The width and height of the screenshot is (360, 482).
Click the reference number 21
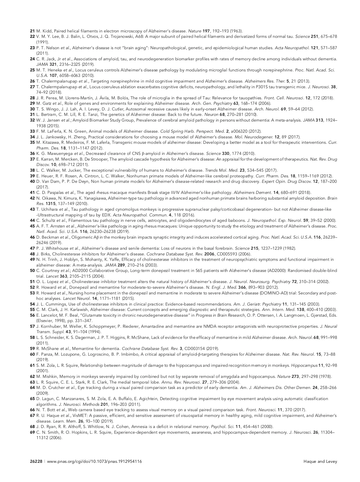[33, 31]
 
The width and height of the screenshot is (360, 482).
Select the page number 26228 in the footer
[36, 462]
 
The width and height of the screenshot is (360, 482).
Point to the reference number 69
[33, 432]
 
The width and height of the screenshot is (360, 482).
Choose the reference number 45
[33, 226]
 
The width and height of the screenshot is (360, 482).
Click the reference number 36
[33, 153]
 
